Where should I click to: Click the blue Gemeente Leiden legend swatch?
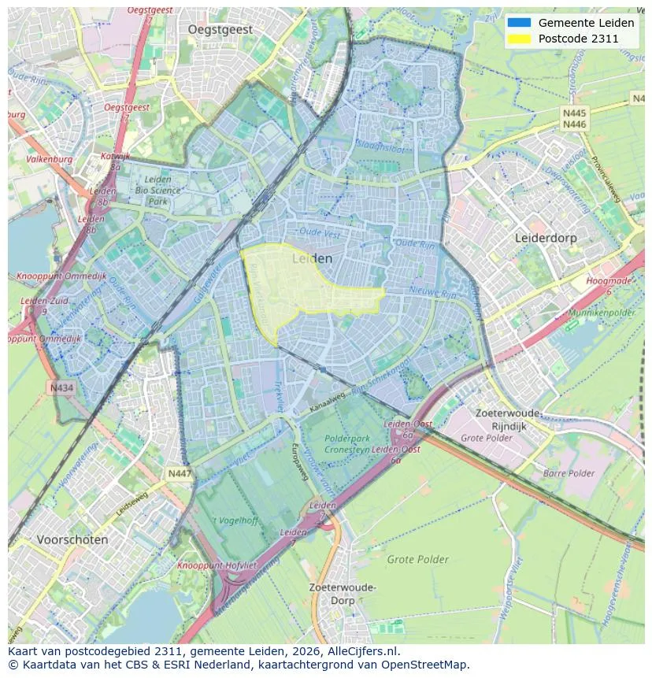(x=520, y=23)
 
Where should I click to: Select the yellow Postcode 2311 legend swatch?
(x=520, y=38)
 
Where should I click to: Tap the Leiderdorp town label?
(x=546, y=237)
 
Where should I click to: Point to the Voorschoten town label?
(x=72, y=540)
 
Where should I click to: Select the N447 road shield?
(x=180, y=473)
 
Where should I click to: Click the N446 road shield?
(x=575, y=124)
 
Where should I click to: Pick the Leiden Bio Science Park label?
(x=157, y=191)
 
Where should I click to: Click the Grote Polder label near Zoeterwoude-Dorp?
(x=417, y=560)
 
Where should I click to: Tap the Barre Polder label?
(x=569, y=473)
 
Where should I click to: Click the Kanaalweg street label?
(x=328, y=402)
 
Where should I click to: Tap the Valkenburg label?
(x=49, y=159)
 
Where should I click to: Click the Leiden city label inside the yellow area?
(x=312, y=258)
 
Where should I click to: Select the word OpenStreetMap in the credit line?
(x=421, y=664)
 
